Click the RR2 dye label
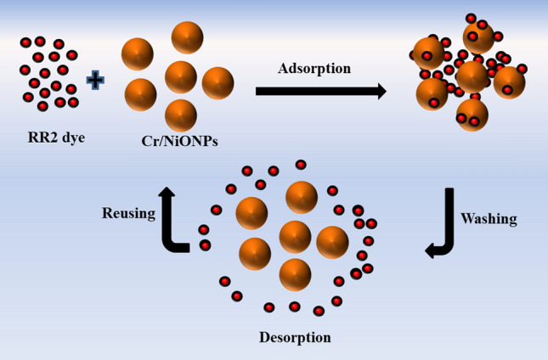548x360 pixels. click(x=56, y=135)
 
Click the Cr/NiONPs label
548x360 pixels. click(x=179, y=141)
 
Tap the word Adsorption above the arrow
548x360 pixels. click(x=314, y=68)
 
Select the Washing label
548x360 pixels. click(x=489, y=218)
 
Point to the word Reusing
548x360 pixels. click(x=128, y=213)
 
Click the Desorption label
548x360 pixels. click(x=295, y=337)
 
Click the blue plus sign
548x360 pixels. click(x=96, y=81)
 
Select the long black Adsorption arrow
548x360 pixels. click(x=321, y=91)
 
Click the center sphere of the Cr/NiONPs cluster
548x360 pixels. click(x=181, y=77)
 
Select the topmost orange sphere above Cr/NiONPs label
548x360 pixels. click(x=188, y=37)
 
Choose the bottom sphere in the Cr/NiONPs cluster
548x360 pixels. click(x=181, y=115)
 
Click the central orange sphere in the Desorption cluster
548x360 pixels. click(x=295, y=236)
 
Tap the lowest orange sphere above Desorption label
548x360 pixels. click(x=295, y=273)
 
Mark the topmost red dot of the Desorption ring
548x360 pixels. click(x=300, y=164)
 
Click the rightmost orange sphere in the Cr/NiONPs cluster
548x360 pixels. click(x=218, y=83)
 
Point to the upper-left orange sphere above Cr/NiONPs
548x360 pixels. click(x=138, y=54)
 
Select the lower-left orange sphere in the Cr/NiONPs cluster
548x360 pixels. click(x=141, y=93)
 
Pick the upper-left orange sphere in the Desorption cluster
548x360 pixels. click(x=252, y=213)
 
